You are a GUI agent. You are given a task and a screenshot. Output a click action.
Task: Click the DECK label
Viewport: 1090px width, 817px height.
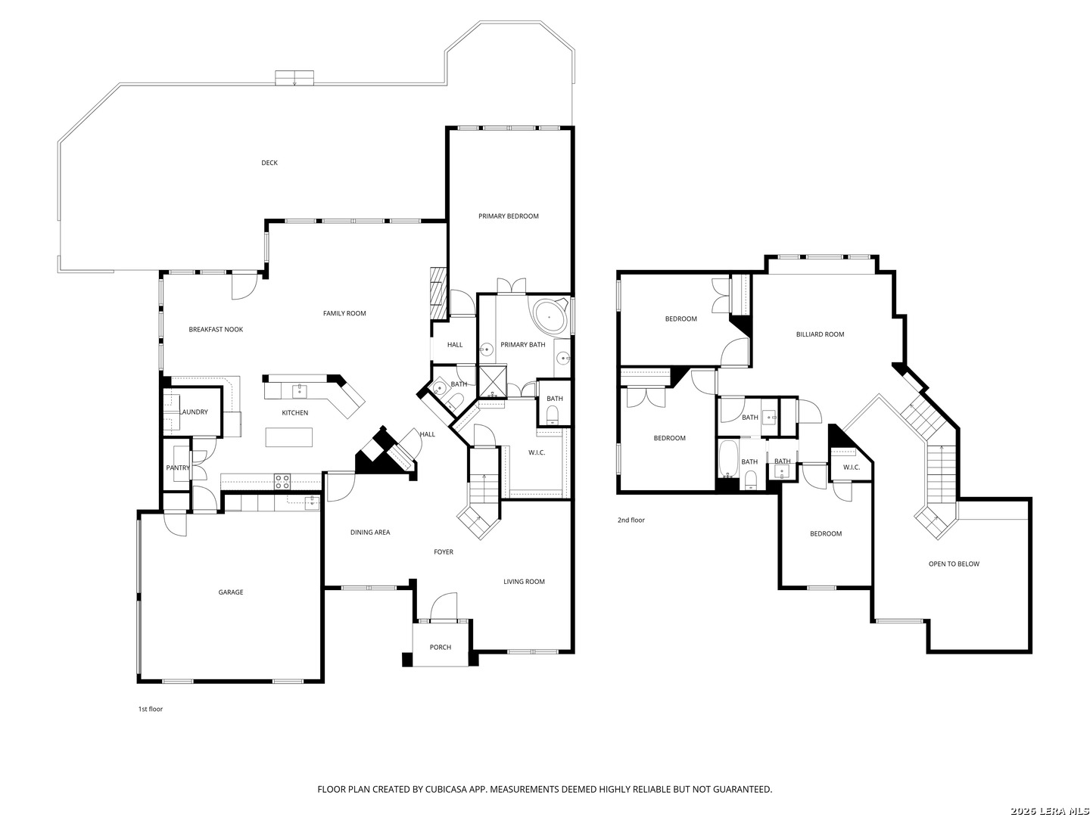tap(269, 163)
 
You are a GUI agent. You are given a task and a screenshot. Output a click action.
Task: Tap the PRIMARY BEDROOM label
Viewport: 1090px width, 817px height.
tap(508, 216)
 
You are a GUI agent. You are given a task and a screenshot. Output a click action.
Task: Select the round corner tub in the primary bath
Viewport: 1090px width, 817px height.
tap(550, 315)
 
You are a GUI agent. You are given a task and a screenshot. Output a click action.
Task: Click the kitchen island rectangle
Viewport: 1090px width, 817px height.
tap(288, 437)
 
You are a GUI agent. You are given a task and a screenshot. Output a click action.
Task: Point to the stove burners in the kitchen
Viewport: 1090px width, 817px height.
tap(282, 482)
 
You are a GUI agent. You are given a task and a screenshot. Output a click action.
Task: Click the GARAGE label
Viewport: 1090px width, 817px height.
tap(231, 592)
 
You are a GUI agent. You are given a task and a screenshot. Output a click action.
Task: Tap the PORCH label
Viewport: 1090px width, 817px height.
tap(440, 647)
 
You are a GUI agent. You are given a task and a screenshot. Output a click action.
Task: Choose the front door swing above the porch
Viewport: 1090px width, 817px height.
tap(444, 606)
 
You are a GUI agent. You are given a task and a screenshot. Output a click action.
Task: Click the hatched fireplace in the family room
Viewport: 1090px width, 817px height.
tap(438, 294)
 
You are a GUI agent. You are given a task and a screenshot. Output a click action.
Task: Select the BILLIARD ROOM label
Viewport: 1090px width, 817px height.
tap(820, 334)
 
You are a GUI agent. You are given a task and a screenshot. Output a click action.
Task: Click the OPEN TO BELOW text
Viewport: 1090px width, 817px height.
tap(954, 564)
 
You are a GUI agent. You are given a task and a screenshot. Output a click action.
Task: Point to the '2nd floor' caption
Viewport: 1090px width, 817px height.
tap(631, 520)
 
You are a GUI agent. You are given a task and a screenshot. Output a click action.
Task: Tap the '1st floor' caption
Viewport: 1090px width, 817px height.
tap(151, 709)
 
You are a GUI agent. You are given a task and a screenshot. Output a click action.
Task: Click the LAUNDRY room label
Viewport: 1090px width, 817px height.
tap(194, 412)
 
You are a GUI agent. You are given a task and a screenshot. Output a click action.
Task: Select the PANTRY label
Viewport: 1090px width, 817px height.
tap(178, 468)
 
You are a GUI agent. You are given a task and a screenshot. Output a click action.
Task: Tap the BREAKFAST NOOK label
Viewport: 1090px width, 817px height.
tap(216, 329)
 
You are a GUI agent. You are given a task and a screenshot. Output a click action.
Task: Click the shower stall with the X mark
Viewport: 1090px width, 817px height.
tap(491, 381)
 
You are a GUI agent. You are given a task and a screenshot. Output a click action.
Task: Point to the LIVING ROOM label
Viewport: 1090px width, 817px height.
tap(524, 582)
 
